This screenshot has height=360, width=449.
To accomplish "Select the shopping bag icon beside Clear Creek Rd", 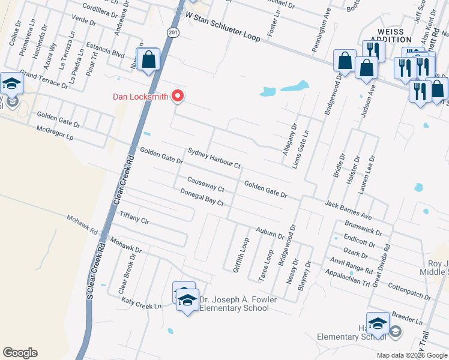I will (x=148, y=60).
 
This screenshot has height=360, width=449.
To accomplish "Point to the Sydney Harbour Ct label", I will (x=214, y=158).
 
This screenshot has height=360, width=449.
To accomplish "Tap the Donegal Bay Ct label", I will (x=202, y=197).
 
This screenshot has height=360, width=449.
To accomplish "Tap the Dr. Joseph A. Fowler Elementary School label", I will (x=234, y=304).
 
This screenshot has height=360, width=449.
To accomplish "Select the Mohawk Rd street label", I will (x=82, y=224).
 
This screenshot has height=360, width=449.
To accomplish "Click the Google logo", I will (x=20, y=353).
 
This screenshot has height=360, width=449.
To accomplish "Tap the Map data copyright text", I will (x=411, y=355).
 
